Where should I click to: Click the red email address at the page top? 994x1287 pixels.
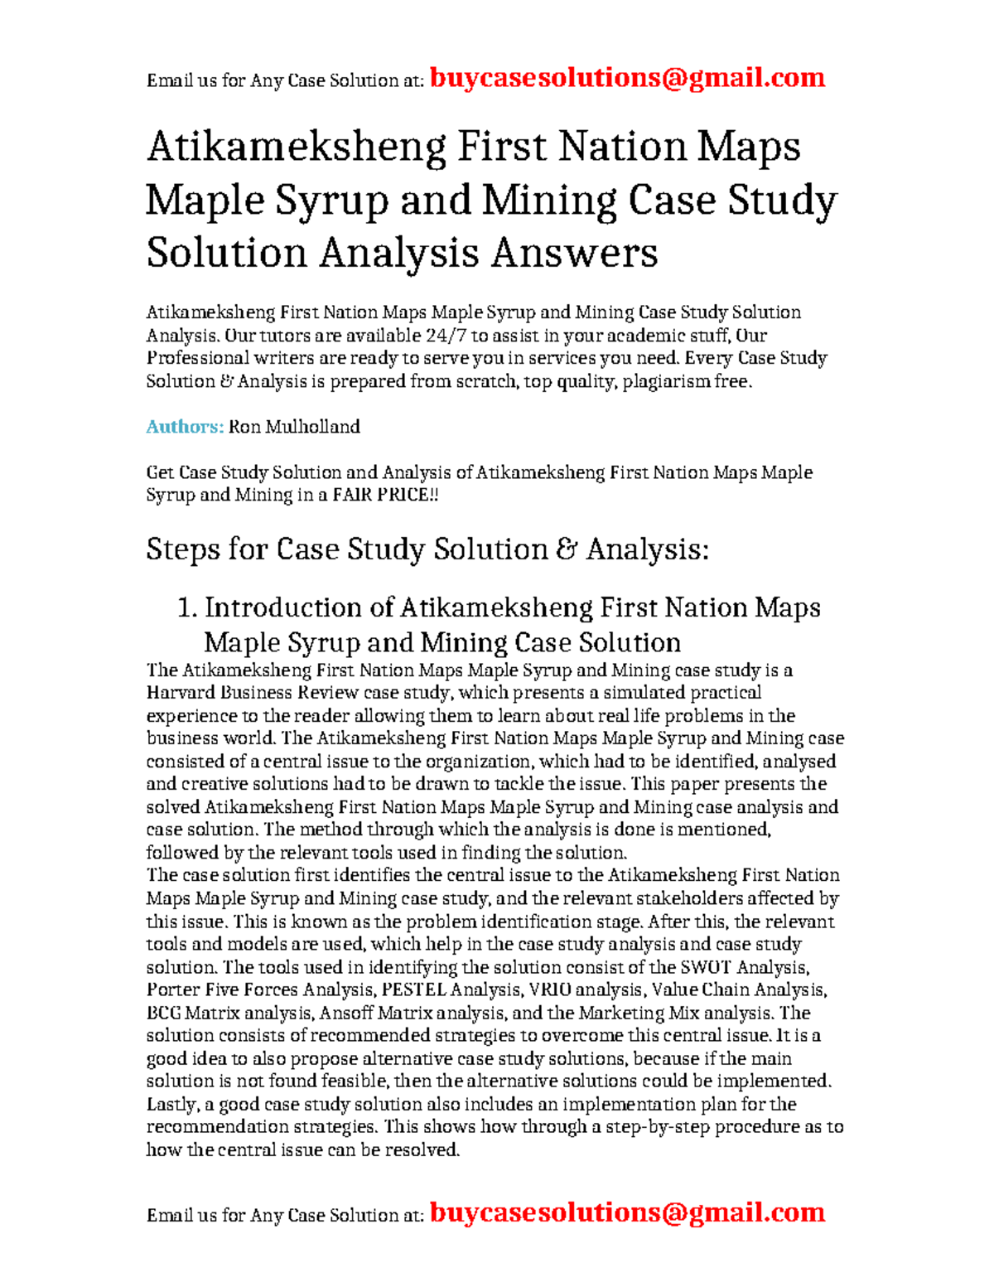coord(627,78)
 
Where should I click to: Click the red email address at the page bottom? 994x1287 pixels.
coord(627,1212)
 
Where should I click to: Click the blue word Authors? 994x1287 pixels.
coord(185,427)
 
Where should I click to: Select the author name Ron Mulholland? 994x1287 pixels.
coord(294,427)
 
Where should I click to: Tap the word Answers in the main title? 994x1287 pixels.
coord(574,253)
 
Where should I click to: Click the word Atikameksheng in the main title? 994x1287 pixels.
coord(296,148)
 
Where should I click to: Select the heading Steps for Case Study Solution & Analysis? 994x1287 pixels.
coord(427,549)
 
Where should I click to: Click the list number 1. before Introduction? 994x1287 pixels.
coord(187,607)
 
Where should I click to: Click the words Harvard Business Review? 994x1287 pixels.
coord(252,693)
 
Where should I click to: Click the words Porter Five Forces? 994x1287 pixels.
coord(222,990)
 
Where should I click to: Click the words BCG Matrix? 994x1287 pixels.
coord(192,1013)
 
